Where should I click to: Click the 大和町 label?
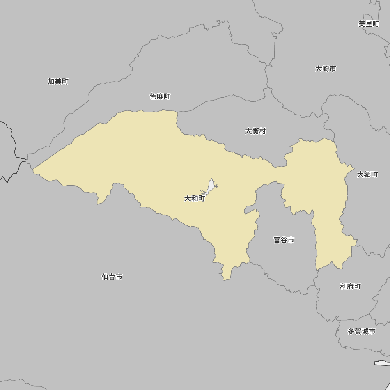(195, 199)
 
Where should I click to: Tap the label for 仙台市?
(112, 277)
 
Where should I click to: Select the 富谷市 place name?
(284, 240)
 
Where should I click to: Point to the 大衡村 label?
(255, 131)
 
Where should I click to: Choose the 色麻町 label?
(160, 96)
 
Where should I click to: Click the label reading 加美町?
(58, 81)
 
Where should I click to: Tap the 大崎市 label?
(326, 69)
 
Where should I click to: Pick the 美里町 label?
(369, 24)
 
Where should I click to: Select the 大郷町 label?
(367, 174)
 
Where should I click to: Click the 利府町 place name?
(350, 286)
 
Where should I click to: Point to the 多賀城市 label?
(362, 331)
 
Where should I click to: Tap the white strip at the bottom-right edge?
(382, 363)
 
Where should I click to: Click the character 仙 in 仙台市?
(105, 277)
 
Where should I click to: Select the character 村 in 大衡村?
(262, 131)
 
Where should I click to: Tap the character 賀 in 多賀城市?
(358, 331)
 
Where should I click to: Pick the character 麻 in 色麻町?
(160, 96)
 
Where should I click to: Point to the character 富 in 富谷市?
(277, 240)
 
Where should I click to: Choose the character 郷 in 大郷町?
(367, 174)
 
